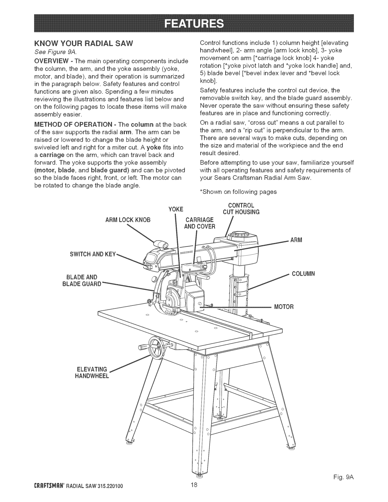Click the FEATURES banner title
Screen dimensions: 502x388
pos(194,23)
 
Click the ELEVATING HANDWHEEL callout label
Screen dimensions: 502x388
pos(92,372)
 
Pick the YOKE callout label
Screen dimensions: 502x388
pos(176,209)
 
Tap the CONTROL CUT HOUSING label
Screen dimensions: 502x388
pos(241,208)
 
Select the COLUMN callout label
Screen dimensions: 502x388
pos(303,274)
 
